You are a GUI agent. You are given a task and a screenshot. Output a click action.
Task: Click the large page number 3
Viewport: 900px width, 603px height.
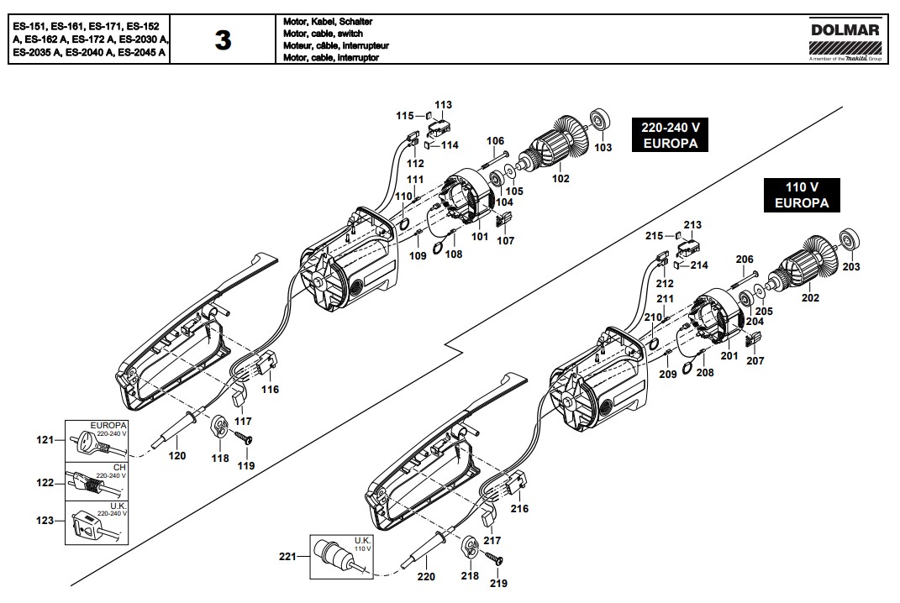tap(223, 39)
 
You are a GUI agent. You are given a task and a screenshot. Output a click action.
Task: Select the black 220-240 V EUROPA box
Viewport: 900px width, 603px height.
tap(671, 135)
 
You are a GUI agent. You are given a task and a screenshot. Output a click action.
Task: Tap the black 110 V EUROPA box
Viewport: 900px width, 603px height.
tap(802, 195)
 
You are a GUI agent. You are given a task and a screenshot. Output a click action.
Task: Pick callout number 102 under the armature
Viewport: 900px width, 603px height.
tap(560, 178)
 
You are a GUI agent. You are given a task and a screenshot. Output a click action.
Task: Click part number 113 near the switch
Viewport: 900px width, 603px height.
tap(443, 105)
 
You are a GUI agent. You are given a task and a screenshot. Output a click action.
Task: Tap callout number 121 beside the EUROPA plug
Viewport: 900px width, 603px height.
tap(45, 440)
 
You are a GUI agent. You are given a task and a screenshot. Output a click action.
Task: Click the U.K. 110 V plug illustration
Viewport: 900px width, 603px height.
tap(334, 557)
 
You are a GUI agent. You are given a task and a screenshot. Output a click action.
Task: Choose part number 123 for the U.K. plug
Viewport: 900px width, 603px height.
tap(45, 521)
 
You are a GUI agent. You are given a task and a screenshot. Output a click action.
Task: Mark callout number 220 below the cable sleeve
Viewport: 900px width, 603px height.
tap(426, 577)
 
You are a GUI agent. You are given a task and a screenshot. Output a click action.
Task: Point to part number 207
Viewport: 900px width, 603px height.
tap(755, 361)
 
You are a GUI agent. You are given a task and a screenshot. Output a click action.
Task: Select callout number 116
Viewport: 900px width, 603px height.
tap(270, 390)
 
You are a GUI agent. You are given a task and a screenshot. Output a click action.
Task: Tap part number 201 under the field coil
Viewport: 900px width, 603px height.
tap(729, 356)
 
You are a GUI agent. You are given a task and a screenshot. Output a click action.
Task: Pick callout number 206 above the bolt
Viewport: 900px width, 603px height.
tap(745, 260)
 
